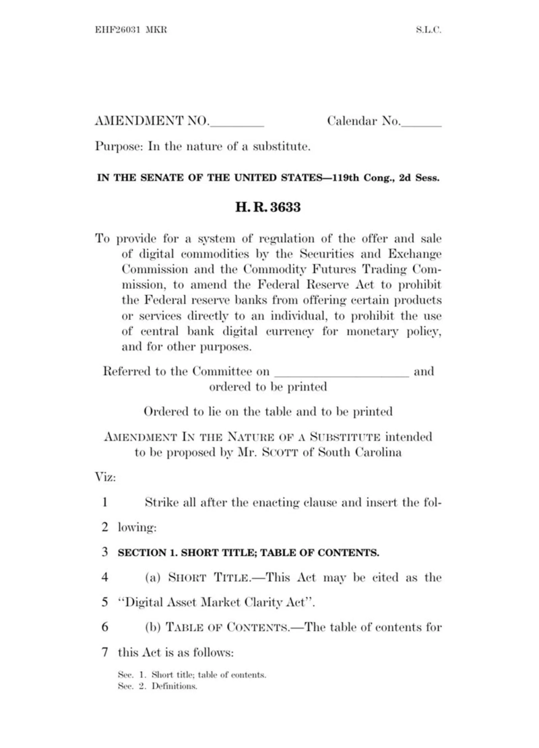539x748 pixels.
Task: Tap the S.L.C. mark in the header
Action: tap(428, 31)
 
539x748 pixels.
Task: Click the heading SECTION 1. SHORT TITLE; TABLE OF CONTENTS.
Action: tap(249, 553)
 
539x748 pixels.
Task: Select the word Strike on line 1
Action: tap(162, 502)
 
